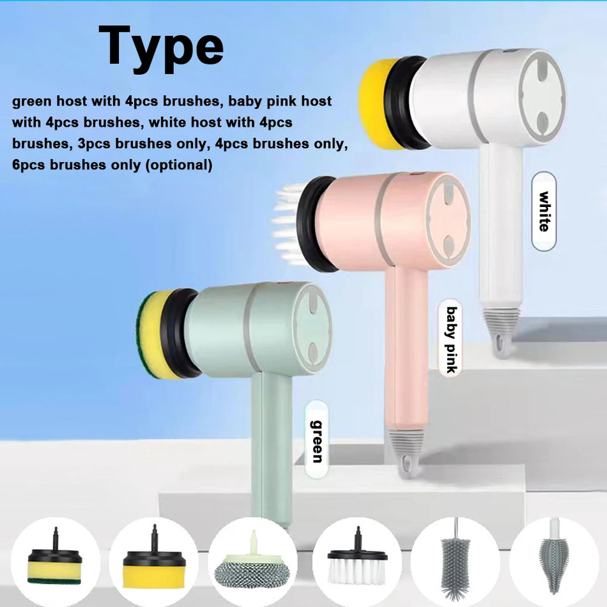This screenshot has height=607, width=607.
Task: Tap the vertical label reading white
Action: tap(544, 211)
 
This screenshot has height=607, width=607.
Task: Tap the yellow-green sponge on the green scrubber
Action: tap(151, 334)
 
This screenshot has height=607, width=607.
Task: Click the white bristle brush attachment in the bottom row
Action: tap(357, 562)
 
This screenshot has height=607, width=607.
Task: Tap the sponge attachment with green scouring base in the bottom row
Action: tap(55, 562)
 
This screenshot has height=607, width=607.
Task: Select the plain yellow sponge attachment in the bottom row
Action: tap(154, 559)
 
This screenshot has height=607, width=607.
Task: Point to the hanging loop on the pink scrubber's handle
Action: tap(406, 462)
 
